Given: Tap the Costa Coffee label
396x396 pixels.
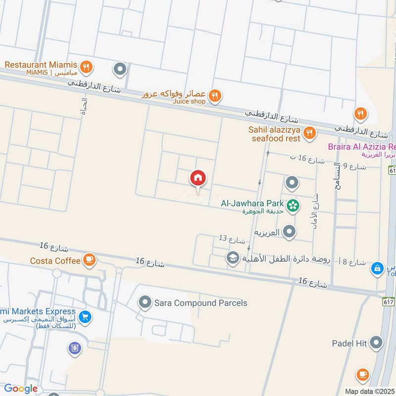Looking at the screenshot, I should tap(55, 261).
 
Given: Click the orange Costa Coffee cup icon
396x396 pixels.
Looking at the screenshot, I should tap(89, 259).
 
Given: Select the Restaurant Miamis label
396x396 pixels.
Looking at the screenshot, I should tap(41, 65).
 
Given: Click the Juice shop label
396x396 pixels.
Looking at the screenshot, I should tap(188, 102).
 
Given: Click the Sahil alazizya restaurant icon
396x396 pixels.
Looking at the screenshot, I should tap(310, 133).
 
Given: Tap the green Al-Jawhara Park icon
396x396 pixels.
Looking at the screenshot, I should tap(293, 204).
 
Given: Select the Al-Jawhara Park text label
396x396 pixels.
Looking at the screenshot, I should tap(252, 203).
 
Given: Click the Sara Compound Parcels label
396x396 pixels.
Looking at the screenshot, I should tap(200, 303).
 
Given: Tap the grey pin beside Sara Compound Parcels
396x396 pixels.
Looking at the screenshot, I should tap(145, 301).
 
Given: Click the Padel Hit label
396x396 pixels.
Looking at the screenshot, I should tap(350, 343).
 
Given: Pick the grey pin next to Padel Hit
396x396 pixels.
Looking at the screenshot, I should tap(377, 342).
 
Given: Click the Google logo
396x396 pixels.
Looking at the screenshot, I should tap(21, 389).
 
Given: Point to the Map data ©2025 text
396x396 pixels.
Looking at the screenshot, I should tap(369, 391).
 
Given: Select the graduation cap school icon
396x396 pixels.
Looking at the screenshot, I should tap(232, 257).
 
